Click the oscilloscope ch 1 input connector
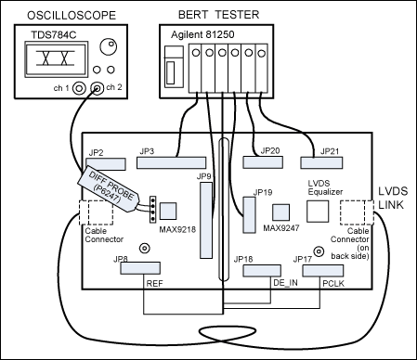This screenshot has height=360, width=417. pos(79,88)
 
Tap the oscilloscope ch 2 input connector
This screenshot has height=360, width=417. pos(98,88)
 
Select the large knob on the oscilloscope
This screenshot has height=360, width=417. pos(109,46)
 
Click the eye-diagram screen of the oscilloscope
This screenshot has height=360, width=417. pos(56,59)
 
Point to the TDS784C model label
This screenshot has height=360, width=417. pos(54,35)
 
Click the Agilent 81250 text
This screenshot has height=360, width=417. pos(202,34)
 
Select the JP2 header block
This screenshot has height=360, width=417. pos(106,164)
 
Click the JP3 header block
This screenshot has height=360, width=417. pos(172,162)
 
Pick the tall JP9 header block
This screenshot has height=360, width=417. pos(206,220)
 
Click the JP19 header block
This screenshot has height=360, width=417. pos(250,215)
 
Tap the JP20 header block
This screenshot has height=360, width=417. pos(263,162)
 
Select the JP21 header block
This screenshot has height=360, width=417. pos(321,163)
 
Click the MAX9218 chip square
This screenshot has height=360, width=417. pos(168,211)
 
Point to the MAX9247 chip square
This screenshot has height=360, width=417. pos(281,212)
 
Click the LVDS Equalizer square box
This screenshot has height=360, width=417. pos(318,212)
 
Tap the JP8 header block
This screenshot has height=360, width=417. pos(140,268)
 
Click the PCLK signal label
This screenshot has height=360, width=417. pos(333,283)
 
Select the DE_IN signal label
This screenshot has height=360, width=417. pos(285,283)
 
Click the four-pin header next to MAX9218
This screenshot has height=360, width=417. pos(152,209)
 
